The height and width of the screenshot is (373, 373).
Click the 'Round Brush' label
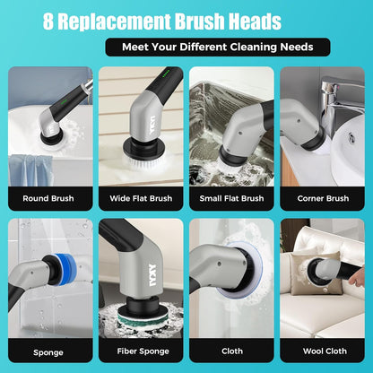point(49,198)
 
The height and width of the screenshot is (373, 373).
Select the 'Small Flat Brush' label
point(233,198)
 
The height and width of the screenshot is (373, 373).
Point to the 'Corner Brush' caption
point(324,198)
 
